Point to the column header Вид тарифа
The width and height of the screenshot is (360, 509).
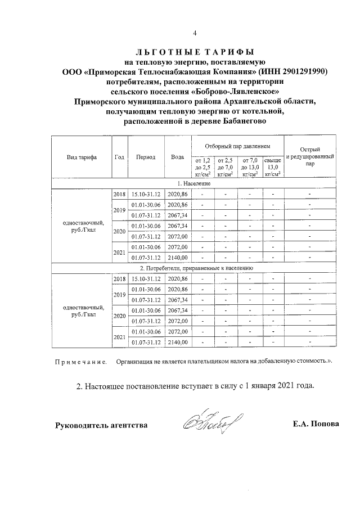point(82,157)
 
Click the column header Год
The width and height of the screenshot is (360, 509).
point(119,157)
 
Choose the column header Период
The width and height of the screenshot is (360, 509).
point(146,157)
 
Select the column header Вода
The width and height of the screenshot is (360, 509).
point(177,157)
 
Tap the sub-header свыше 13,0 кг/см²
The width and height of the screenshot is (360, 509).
point(273,167)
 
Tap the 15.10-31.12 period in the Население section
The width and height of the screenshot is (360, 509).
point(146,194)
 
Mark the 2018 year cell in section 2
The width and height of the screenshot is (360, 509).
point(119,279)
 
